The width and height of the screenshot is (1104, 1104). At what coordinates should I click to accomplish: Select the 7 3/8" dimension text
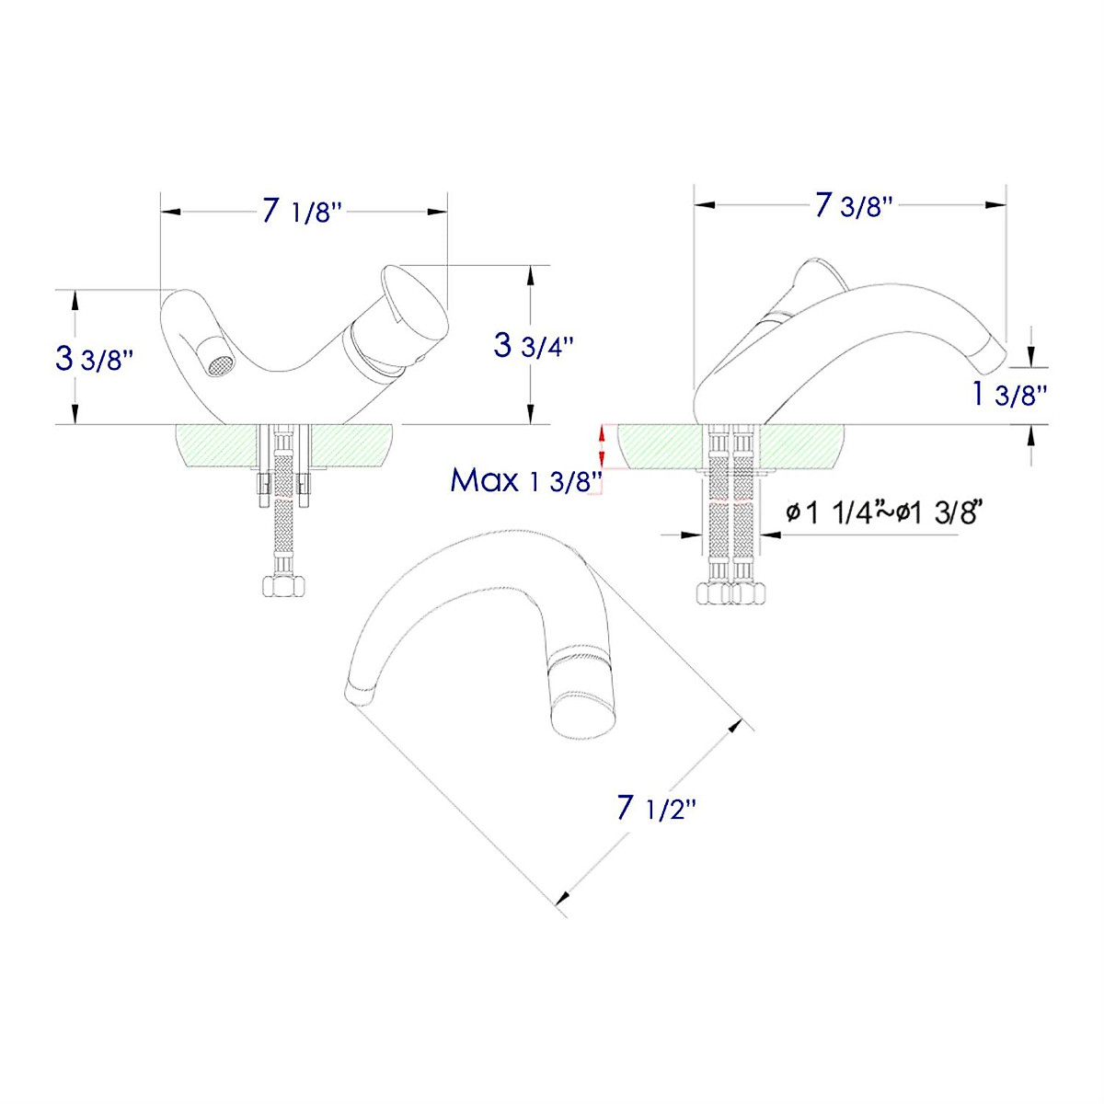click(854, 205)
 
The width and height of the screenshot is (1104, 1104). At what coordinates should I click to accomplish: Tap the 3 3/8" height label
click(95, 358)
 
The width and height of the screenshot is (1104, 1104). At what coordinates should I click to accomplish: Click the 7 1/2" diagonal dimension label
click(657, 809)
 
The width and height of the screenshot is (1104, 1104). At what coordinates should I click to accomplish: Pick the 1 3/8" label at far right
click(1010, 395)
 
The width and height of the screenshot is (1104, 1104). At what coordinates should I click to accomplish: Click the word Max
click(484, 479)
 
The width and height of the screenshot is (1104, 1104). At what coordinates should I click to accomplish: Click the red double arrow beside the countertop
click(603, 445)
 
